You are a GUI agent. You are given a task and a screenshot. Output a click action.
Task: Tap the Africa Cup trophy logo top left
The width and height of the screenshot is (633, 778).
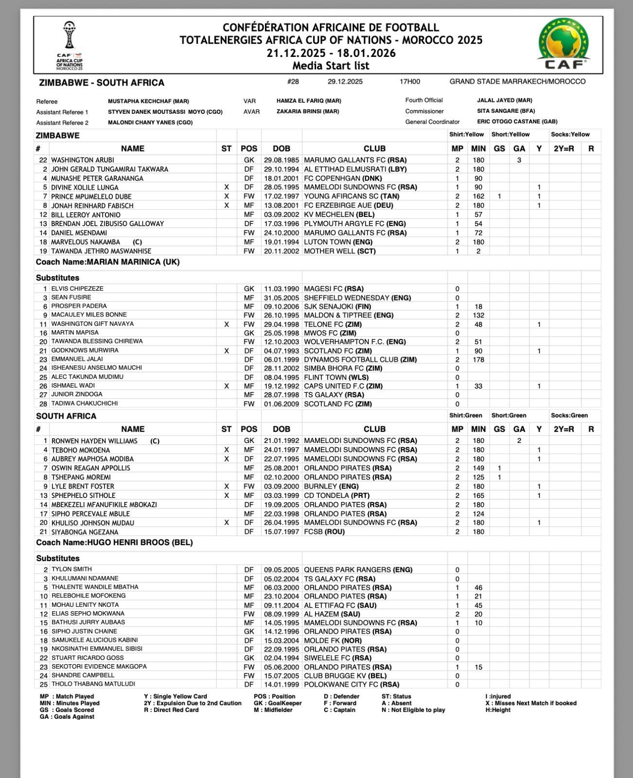click(70, 45)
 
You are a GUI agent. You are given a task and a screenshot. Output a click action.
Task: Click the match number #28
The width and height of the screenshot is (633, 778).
click(293, 82)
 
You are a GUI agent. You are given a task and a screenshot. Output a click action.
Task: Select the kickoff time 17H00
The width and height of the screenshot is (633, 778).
click(410, 82)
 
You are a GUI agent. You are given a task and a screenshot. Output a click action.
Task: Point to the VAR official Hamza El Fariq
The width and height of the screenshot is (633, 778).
click(309, 101)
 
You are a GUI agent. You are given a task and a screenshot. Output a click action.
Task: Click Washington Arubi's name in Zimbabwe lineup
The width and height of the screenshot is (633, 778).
click(83, 160)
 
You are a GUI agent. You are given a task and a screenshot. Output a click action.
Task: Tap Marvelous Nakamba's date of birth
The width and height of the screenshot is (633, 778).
click(281, 242)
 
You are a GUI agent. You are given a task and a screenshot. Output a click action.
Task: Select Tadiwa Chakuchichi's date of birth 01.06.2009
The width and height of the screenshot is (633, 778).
click(281, 404)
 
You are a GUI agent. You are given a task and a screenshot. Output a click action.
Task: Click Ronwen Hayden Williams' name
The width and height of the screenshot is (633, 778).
click(94, 441)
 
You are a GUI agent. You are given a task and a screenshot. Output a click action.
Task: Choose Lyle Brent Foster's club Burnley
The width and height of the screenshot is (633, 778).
click(331, 486)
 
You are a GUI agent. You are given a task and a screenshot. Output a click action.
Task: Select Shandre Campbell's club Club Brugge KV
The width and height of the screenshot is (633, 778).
click(345, 676)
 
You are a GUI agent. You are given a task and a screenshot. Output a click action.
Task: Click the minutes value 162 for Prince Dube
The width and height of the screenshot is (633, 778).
click(478, 196)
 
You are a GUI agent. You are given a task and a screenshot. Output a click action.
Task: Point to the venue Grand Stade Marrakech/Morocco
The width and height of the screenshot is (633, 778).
click(517, 82)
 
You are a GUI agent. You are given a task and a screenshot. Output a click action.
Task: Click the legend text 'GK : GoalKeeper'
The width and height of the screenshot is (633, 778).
click(278, 703)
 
